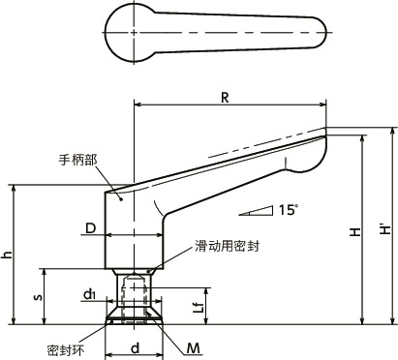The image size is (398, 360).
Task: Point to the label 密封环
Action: (63, 346)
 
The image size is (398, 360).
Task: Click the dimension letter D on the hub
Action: (89, 228)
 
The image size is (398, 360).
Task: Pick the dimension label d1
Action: (89, 292)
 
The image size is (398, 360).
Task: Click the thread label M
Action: (194, 346)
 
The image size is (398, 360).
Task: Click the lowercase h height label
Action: (8, 255)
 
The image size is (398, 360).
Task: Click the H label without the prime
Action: (355, 232)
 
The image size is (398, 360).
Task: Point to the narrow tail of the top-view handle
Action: (310, 32)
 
